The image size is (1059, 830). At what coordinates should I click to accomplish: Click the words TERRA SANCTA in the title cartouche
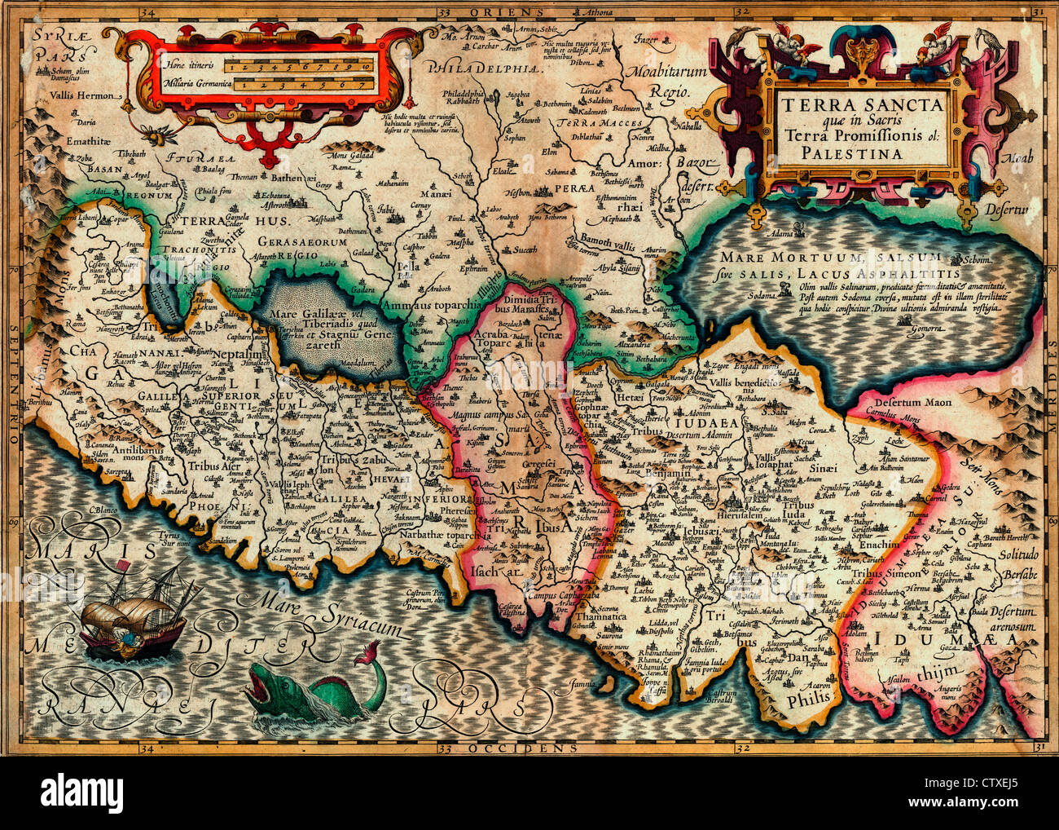click(x=863, y=104)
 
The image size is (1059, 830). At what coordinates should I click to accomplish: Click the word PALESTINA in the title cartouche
click(x=863, y=152)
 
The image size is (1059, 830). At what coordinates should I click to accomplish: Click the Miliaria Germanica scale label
click(x=192, y=84)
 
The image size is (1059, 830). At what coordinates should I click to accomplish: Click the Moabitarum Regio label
click(x=657, y=80)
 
